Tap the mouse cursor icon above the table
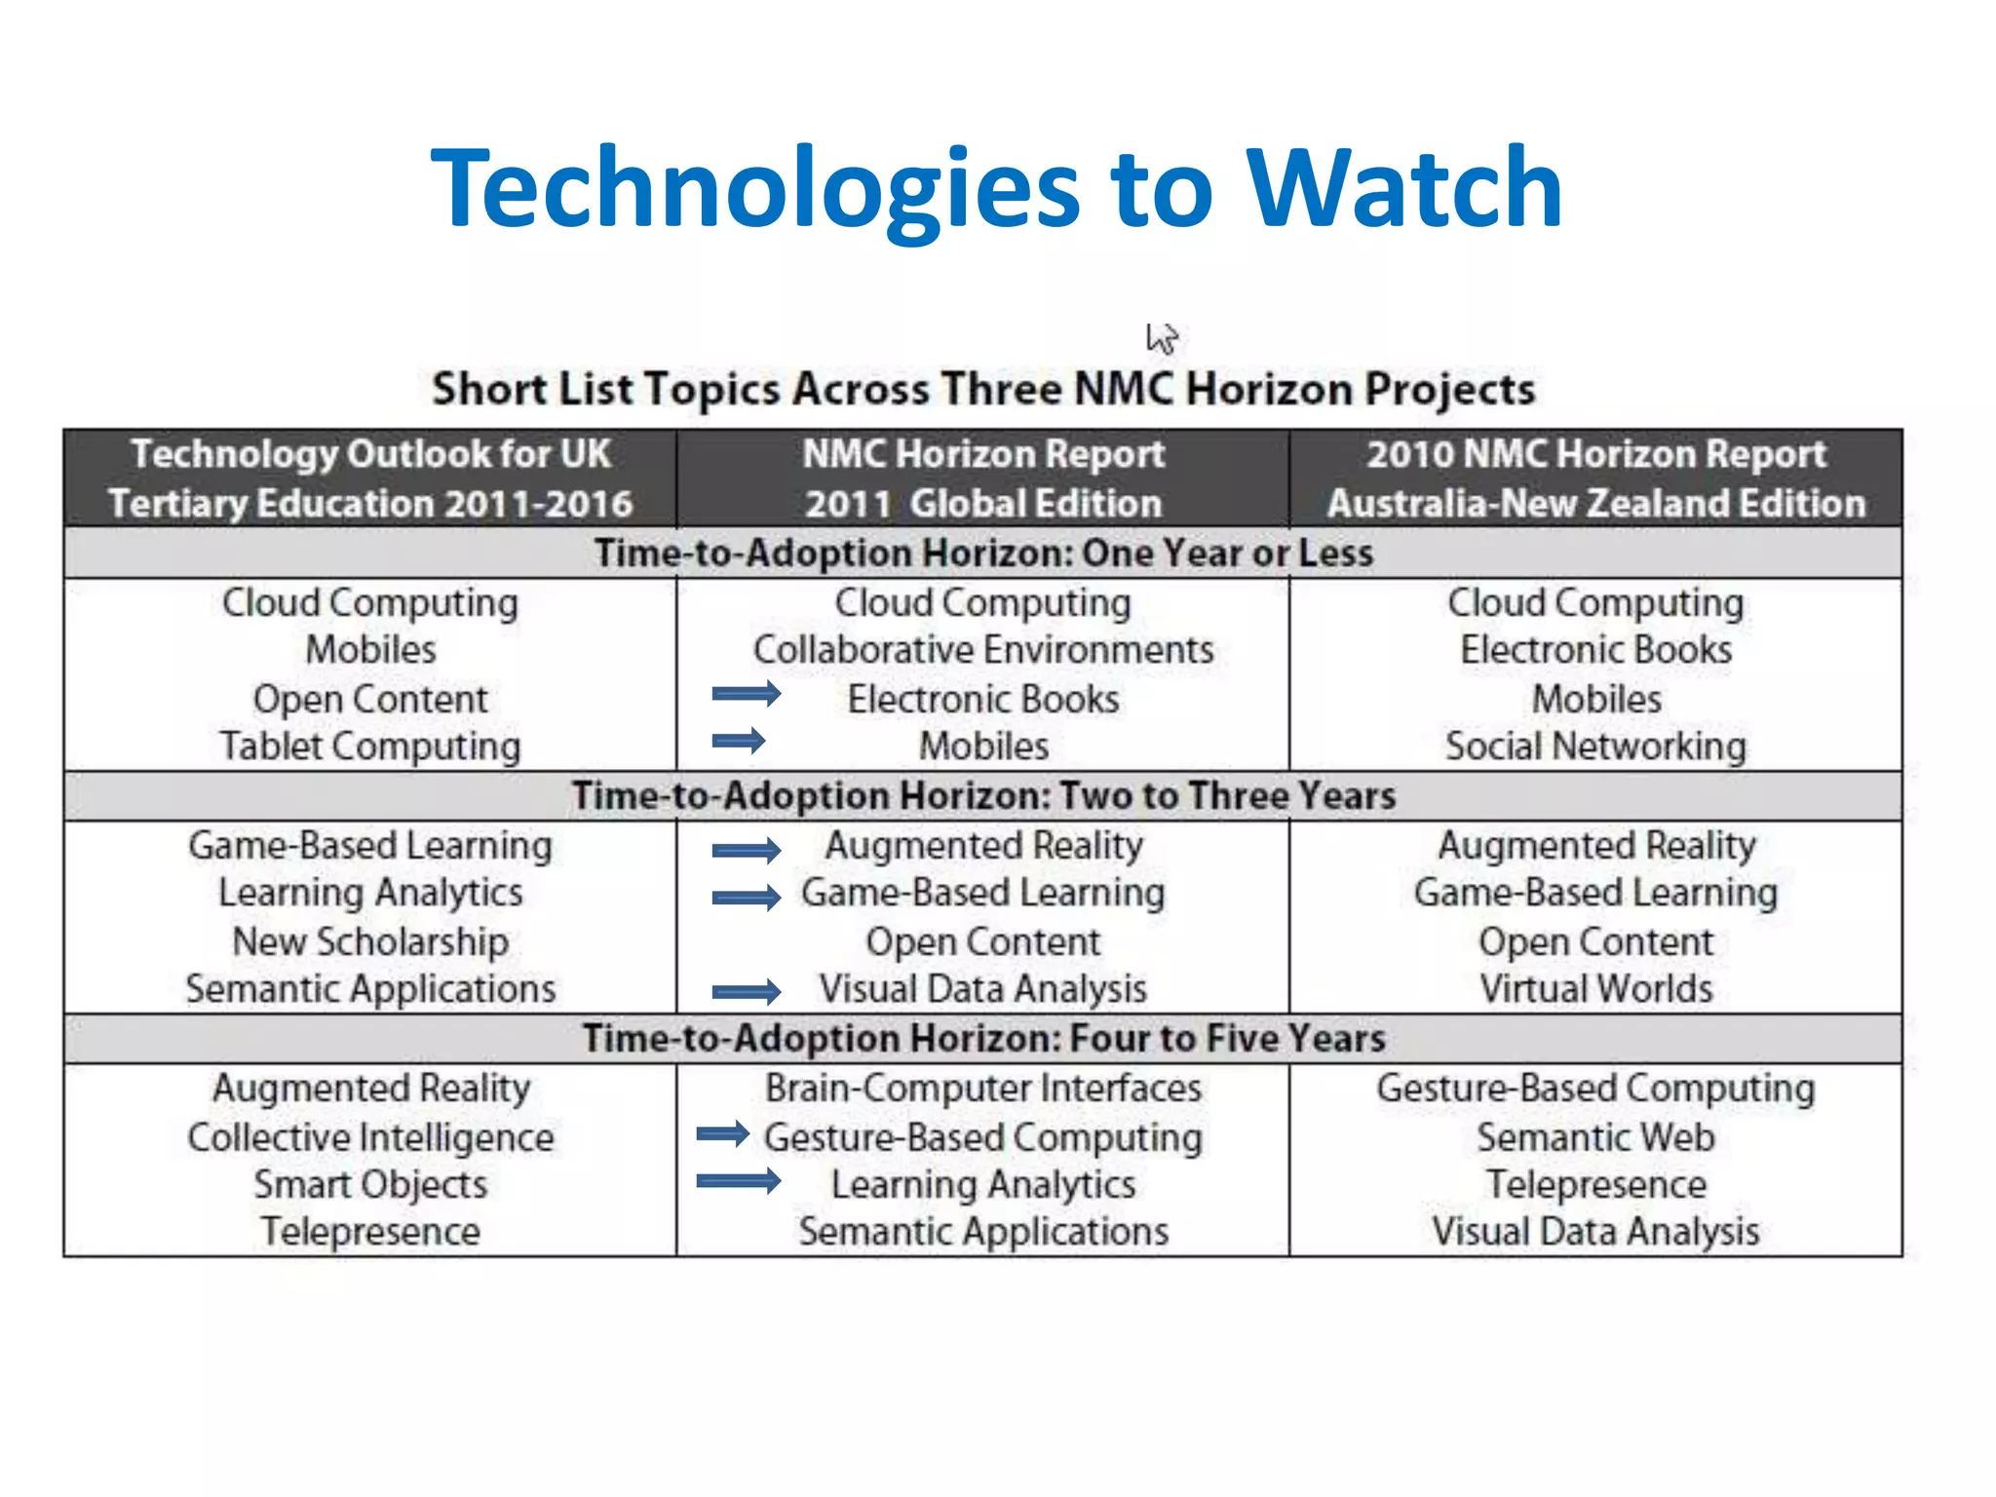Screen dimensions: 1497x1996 (x=1161, y=339)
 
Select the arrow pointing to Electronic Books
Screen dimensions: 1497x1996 (x=746, y=694)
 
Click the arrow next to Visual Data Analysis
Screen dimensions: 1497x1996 (x=746, y=992)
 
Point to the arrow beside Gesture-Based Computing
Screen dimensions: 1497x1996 (x=722, y=1133)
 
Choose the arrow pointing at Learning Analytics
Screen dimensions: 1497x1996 (x=738, y=1182)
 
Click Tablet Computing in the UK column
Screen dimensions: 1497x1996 (x=370, y=747)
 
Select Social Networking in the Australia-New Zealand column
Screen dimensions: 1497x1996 (x=1595, y=747)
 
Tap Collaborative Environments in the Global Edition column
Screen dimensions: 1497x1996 (x=983, y=650)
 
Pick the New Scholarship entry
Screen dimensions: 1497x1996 (x=370, y=942)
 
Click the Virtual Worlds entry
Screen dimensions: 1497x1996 (x=1595, y=989)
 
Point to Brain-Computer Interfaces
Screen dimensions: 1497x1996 (x=983, y=1089)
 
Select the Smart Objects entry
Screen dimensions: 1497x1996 (x=370, y=1185)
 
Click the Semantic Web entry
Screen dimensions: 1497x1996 (x=1595, y=1137)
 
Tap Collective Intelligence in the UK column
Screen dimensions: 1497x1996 (x=370, y=1137)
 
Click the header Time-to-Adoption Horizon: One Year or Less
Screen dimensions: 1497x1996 (x=983, y=554)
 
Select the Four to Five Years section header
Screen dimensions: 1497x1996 (x=983, y=1039)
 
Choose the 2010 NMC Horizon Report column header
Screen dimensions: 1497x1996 (x=1595, y=479)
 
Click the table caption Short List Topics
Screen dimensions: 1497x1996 (x=983, y=389)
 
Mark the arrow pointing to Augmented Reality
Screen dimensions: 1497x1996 (x=746, y=850)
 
